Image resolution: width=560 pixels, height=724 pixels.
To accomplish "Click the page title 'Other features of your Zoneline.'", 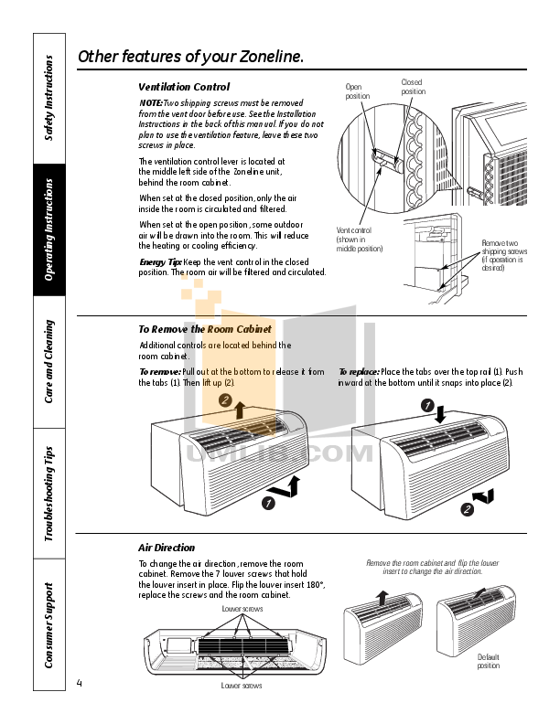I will (x=190, y=57).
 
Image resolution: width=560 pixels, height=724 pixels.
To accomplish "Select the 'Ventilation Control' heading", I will (x=183, y=87).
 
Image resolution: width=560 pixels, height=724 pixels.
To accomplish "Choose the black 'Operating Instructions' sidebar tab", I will (x=50, y=230).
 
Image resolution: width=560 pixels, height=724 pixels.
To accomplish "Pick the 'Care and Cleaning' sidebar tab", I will (x=50, y=362).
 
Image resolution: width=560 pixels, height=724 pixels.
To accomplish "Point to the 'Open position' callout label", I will (x=358, y=91).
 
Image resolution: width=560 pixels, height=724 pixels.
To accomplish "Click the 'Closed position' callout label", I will (x=413, y=87).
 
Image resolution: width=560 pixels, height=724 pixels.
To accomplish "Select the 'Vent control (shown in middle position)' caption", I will (x=359, y=240).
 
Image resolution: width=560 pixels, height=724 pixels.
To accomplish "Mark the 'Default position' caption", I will (x=488, y=661).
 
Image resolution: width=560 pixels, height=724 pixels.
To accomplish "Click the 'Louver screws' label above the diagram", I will (x=242, y=608).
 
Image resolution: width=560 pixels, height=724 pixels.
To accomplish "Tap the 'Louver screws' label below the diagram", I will (x=242, y=685).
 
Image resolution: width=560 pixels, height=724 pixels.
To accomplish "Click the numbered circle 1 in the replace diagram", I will (x=426, y=405).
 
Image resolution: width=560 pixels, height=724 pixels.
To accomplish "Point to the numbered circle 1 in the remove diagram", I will (x=269, y=503).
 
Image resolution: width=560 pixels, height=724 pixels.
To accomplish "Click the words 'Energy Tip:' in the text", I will (x=160, y=261).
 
